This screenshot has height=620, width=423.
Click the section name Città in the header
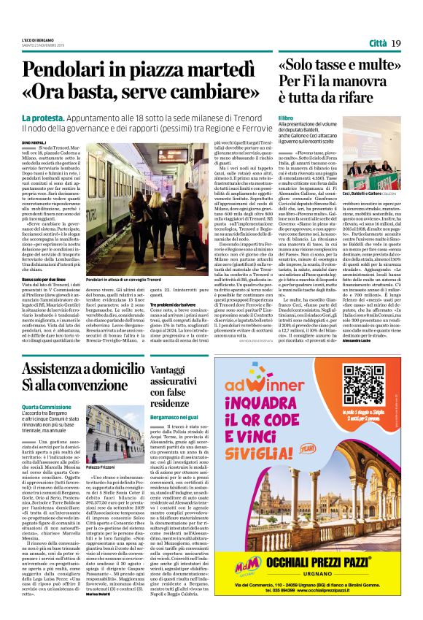coord(378,44)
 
